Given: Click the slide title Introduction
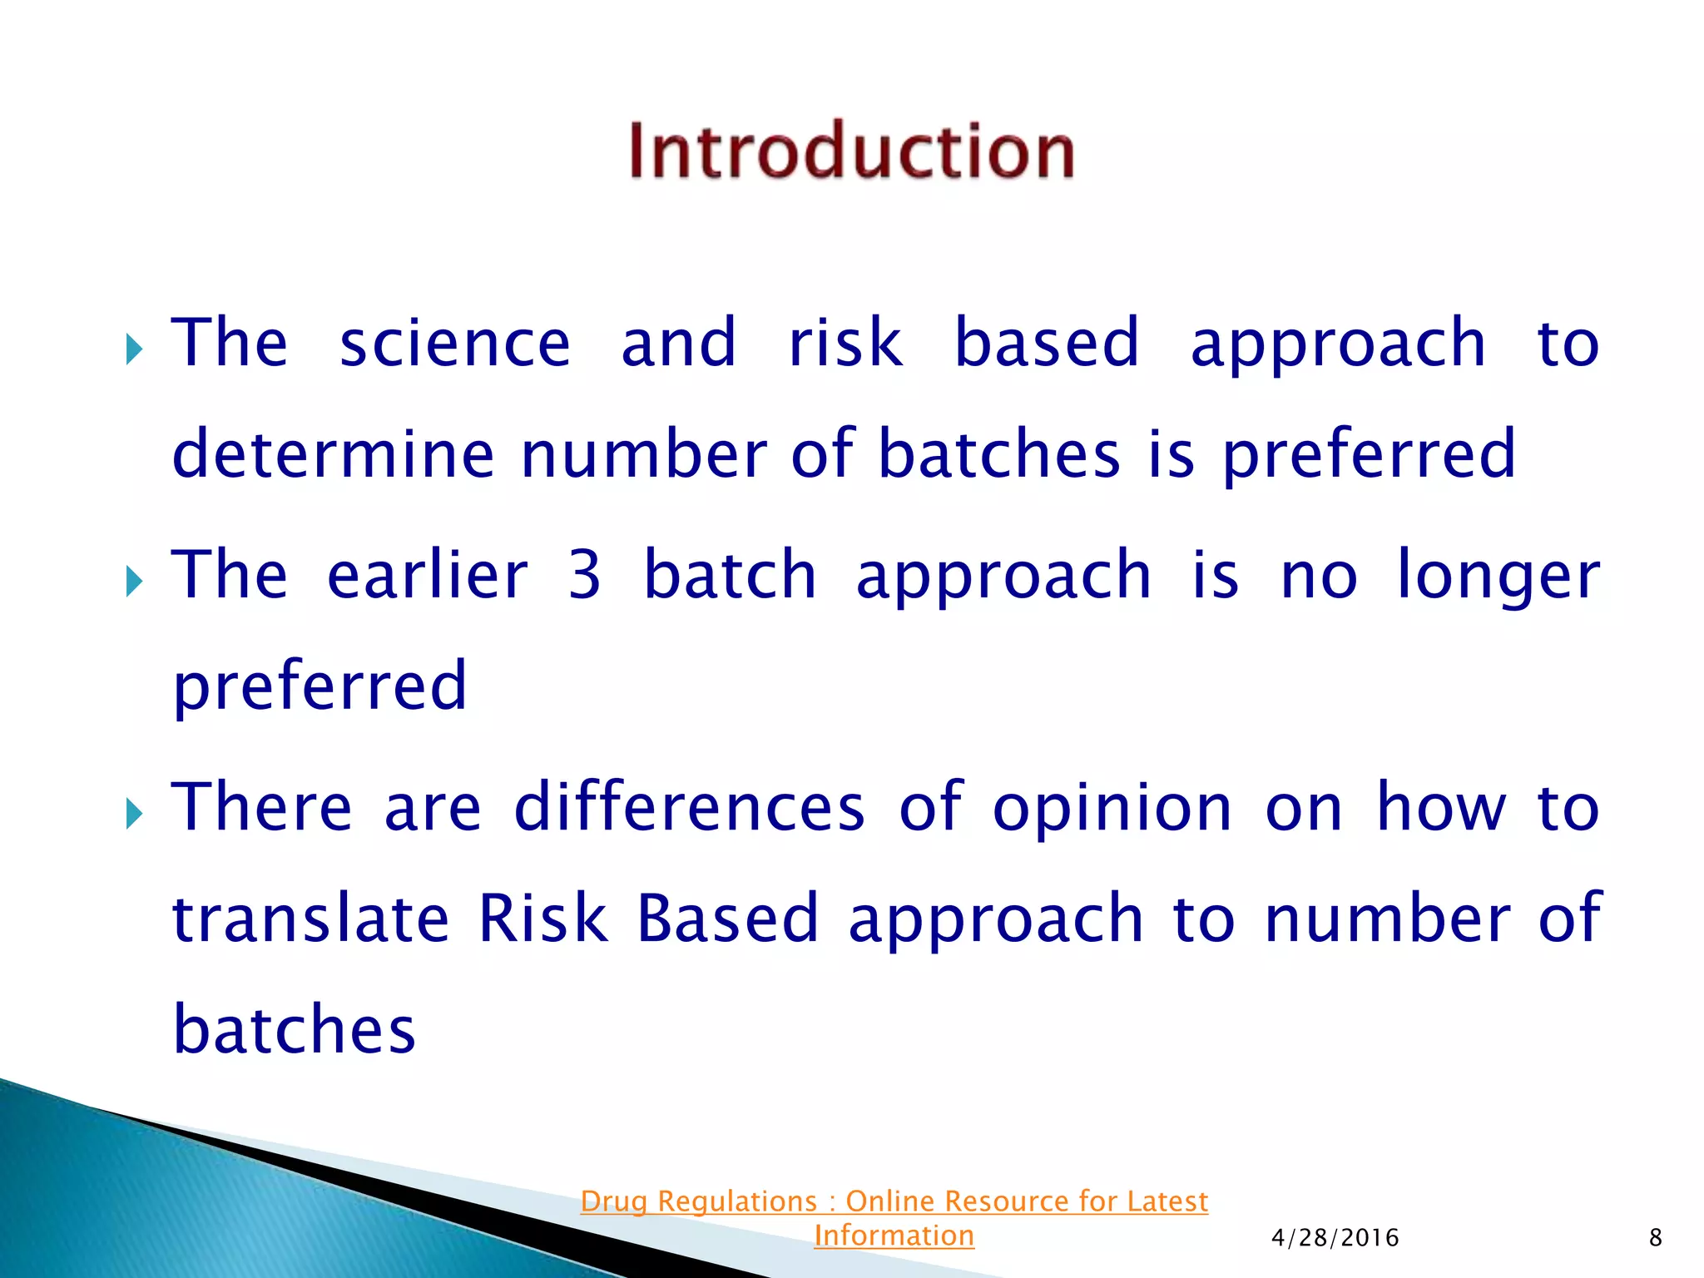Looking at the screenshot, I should (851, 151).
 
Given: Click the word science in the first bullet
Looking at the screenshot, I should (455, 343).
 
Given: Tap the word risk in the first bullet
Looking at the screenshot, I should (845, 343).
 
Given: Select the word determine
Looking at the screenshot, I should (333, 453).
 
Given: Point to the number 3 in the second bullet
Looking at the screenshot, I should (585, 575).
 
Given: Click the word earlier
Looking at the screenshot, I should (428, 575).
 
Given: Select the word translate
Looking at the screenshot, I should (310, 919).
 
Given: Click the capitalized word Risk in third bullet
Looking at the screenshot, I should (543, 919).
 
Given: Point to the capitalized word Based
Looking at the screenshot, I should (728, 919).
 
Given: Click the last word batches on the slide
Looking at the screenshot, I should (294, 1029).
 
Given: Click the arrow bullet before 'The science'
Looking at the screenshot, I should (134, 349).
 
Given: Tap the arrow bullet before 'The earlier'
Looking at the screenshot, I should (134, 582).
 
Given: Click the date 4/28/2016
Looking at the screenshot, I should (1335, 1238).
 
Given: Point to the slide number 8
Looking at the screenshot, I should (1655, 1238).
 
